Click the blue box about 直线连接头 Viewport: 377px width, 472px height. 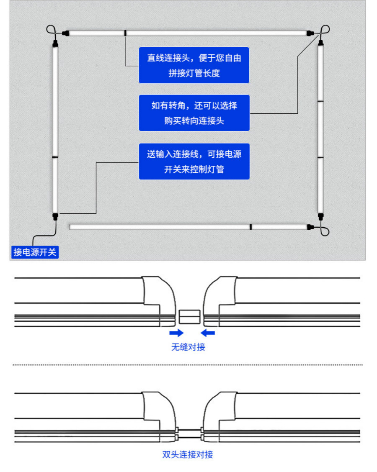tap(194, 65)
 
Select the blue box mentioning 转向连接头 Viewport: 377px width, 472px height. tap(194, 113)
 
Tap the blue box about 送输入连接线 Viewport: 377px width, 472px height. tap(194, 162)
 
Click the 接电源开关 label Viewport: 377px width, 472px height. tap(35, 252)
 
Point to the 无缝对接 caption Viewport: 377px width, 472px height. tap(188, 347)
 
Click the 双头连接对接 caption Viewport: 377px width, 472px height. tap(187, 454)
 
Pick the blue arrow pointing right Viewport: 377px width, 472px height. tap(176, 333)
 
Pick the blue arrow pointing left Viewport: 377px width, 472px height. tap(208, 333)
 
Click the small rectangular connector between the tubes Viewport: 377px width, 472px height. tap(190, 317)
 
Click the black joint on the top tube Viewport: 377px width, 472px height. tap(125, 33)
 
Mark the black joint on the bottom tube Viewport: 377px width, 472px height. tap(250, 227)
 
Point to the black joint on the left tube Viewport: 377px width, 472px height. tap(55, 157)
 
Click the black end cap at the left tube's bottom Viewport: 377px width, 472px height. tap(55, 216)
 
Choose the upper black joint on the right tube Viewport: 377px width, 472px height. tap(320, 101)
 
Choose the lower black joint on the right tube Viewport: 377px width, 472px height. tap(320, 157)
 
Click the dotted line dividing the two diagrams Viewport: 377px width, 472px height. tap(188, 364)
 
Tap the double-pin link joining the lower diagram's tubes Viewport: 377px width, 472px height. tap(190, 434)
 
